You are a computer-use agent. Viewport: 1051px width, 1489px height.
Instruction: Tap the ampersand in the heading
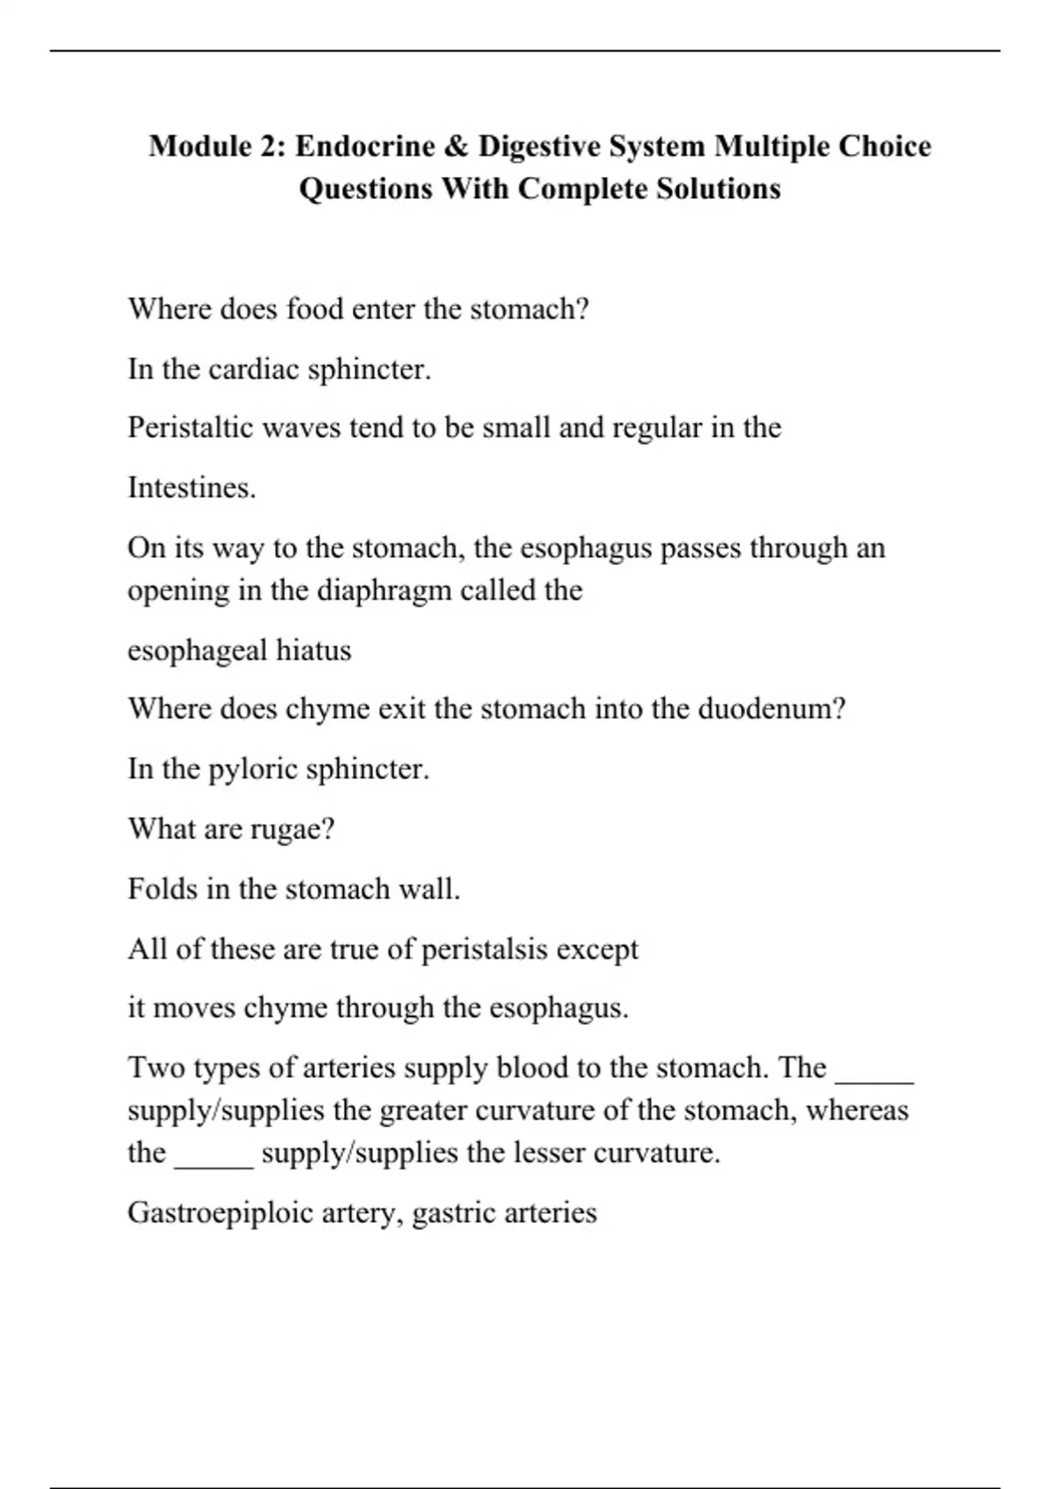tap(455, 145)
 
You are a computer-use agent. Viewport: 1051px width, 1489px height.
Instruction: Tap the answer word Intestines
tap(191, 487)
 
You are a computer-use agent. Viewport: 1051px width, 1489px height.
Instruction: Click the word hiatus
tap(314, 650)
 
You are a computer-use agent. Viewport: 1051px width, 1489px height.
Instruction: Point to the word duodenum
tap(771, 708)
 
